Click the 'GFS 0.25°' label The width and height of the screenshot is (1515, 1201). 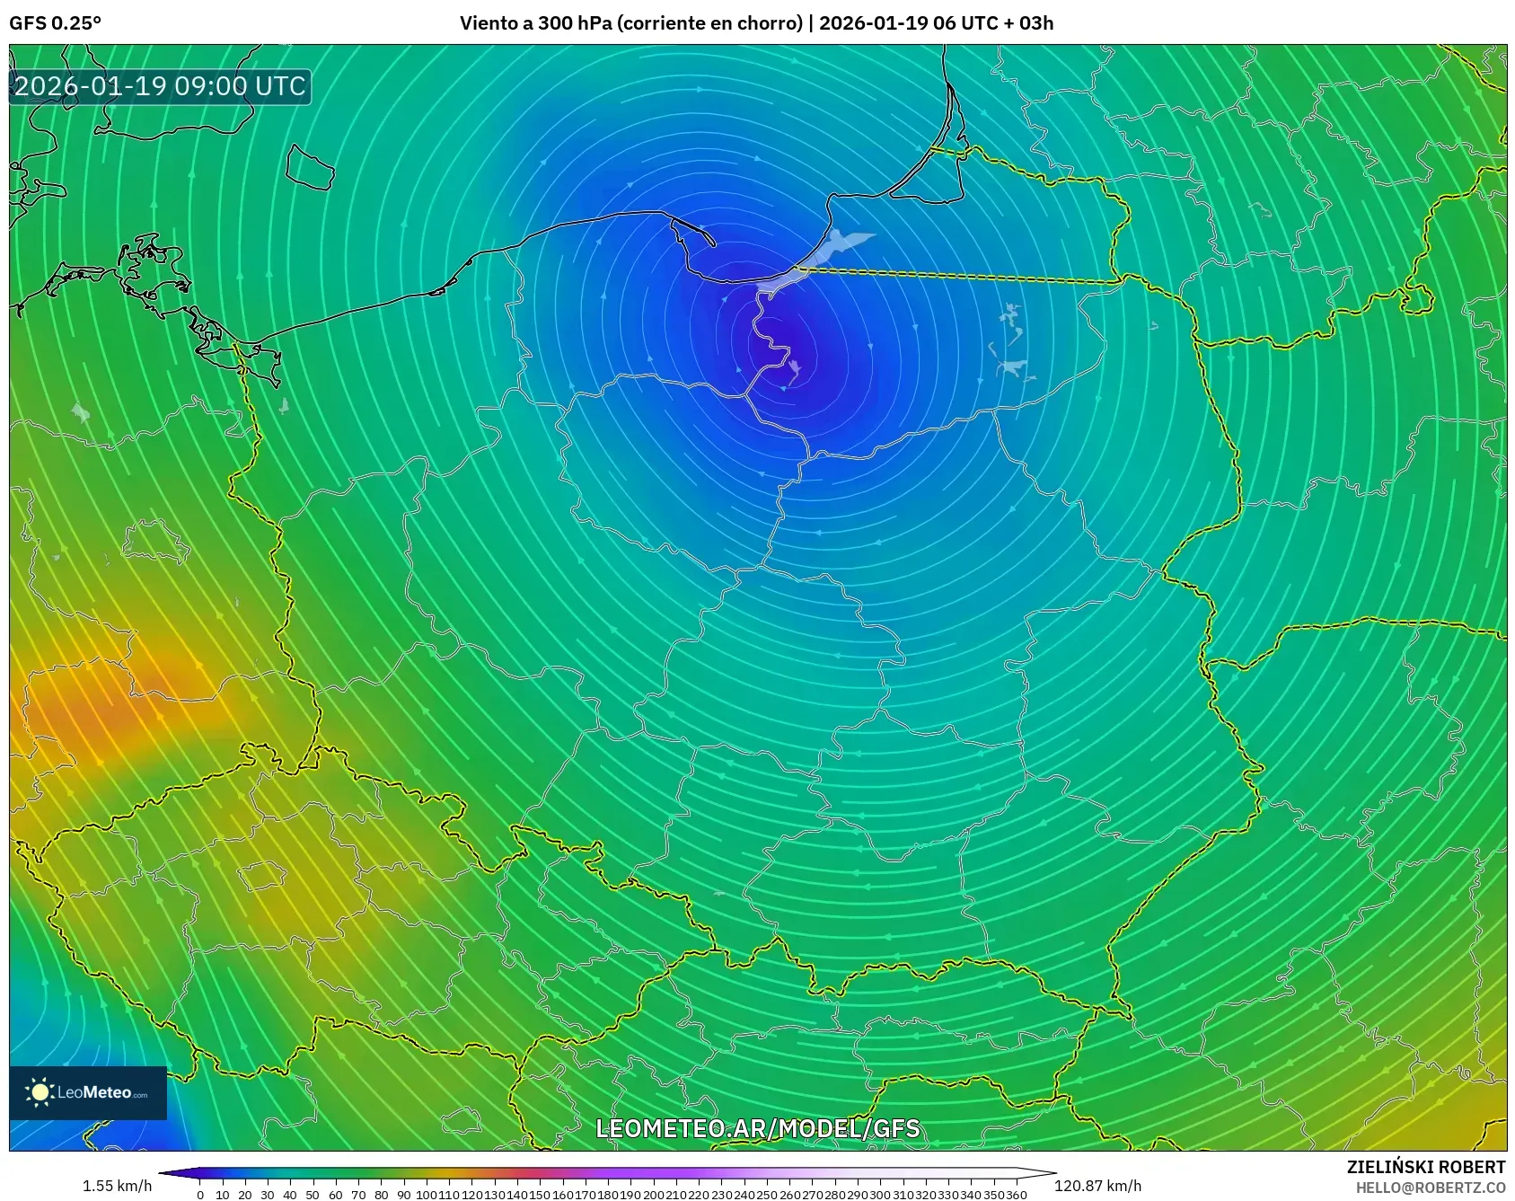click(x=55, y=23)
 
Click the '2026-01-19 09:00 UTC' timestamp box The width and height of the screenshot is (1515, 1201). click(x=160, y=86)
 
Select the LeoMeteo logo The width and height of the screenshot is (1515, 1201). click(x=88, y=1092)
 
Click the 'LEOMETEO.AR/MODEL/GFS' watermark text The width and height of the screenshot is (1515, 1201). click(x=758, y=1128)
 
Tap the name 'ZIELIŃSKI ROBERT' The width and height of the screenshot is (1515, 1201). click(x=1425, y=1167)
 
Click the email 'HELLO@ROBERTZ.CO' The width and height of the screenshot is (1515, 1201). click(x=1430, y=1188)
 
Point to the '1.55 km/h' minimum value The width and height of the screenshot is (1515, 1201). click(x=117, y=1186)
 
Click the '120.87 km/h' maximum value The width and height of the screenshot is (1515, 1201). click(x=1097, y=1186)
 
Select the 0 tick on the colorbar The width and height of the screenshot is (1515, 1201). click(x=200, y=1195)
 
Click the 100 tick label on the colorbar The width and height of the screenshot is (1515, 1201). click(x=427, y=1195)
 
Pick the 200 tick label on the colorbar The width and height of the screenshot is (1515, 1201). click(x=653, y=1195)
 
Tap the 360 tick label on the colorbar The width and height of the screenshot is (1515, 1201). click(x=1016, y=1195)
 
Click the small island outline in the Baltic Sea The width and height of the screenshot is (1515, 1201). click(x=310, y=167)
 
